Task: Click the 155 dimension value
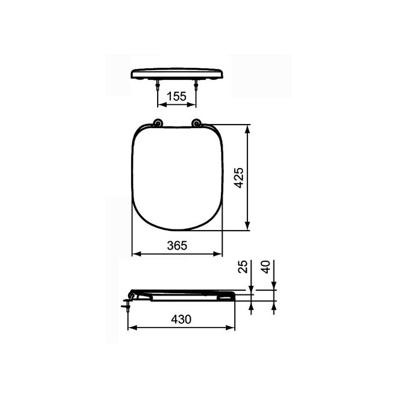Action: click(x=177, y=97)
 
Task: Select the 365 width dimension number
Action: click(x=177, y=245)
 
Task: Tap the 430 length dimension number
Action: click(x=181, y=319)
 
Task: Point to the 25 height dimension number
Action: click(x=243, y=267)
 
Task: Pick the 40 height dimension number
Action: click(x=266, y=267)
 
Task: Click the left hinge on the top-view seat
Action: click(x=158, y=123)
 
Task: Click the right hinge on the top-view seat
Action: click(x=196, y=123)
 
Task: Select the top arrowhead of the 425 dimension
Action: click(x=248, y=129)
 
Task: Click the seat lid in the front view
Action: click(x=177, y=74)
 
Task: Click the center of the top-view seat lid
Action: click(x=177, y=177)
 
